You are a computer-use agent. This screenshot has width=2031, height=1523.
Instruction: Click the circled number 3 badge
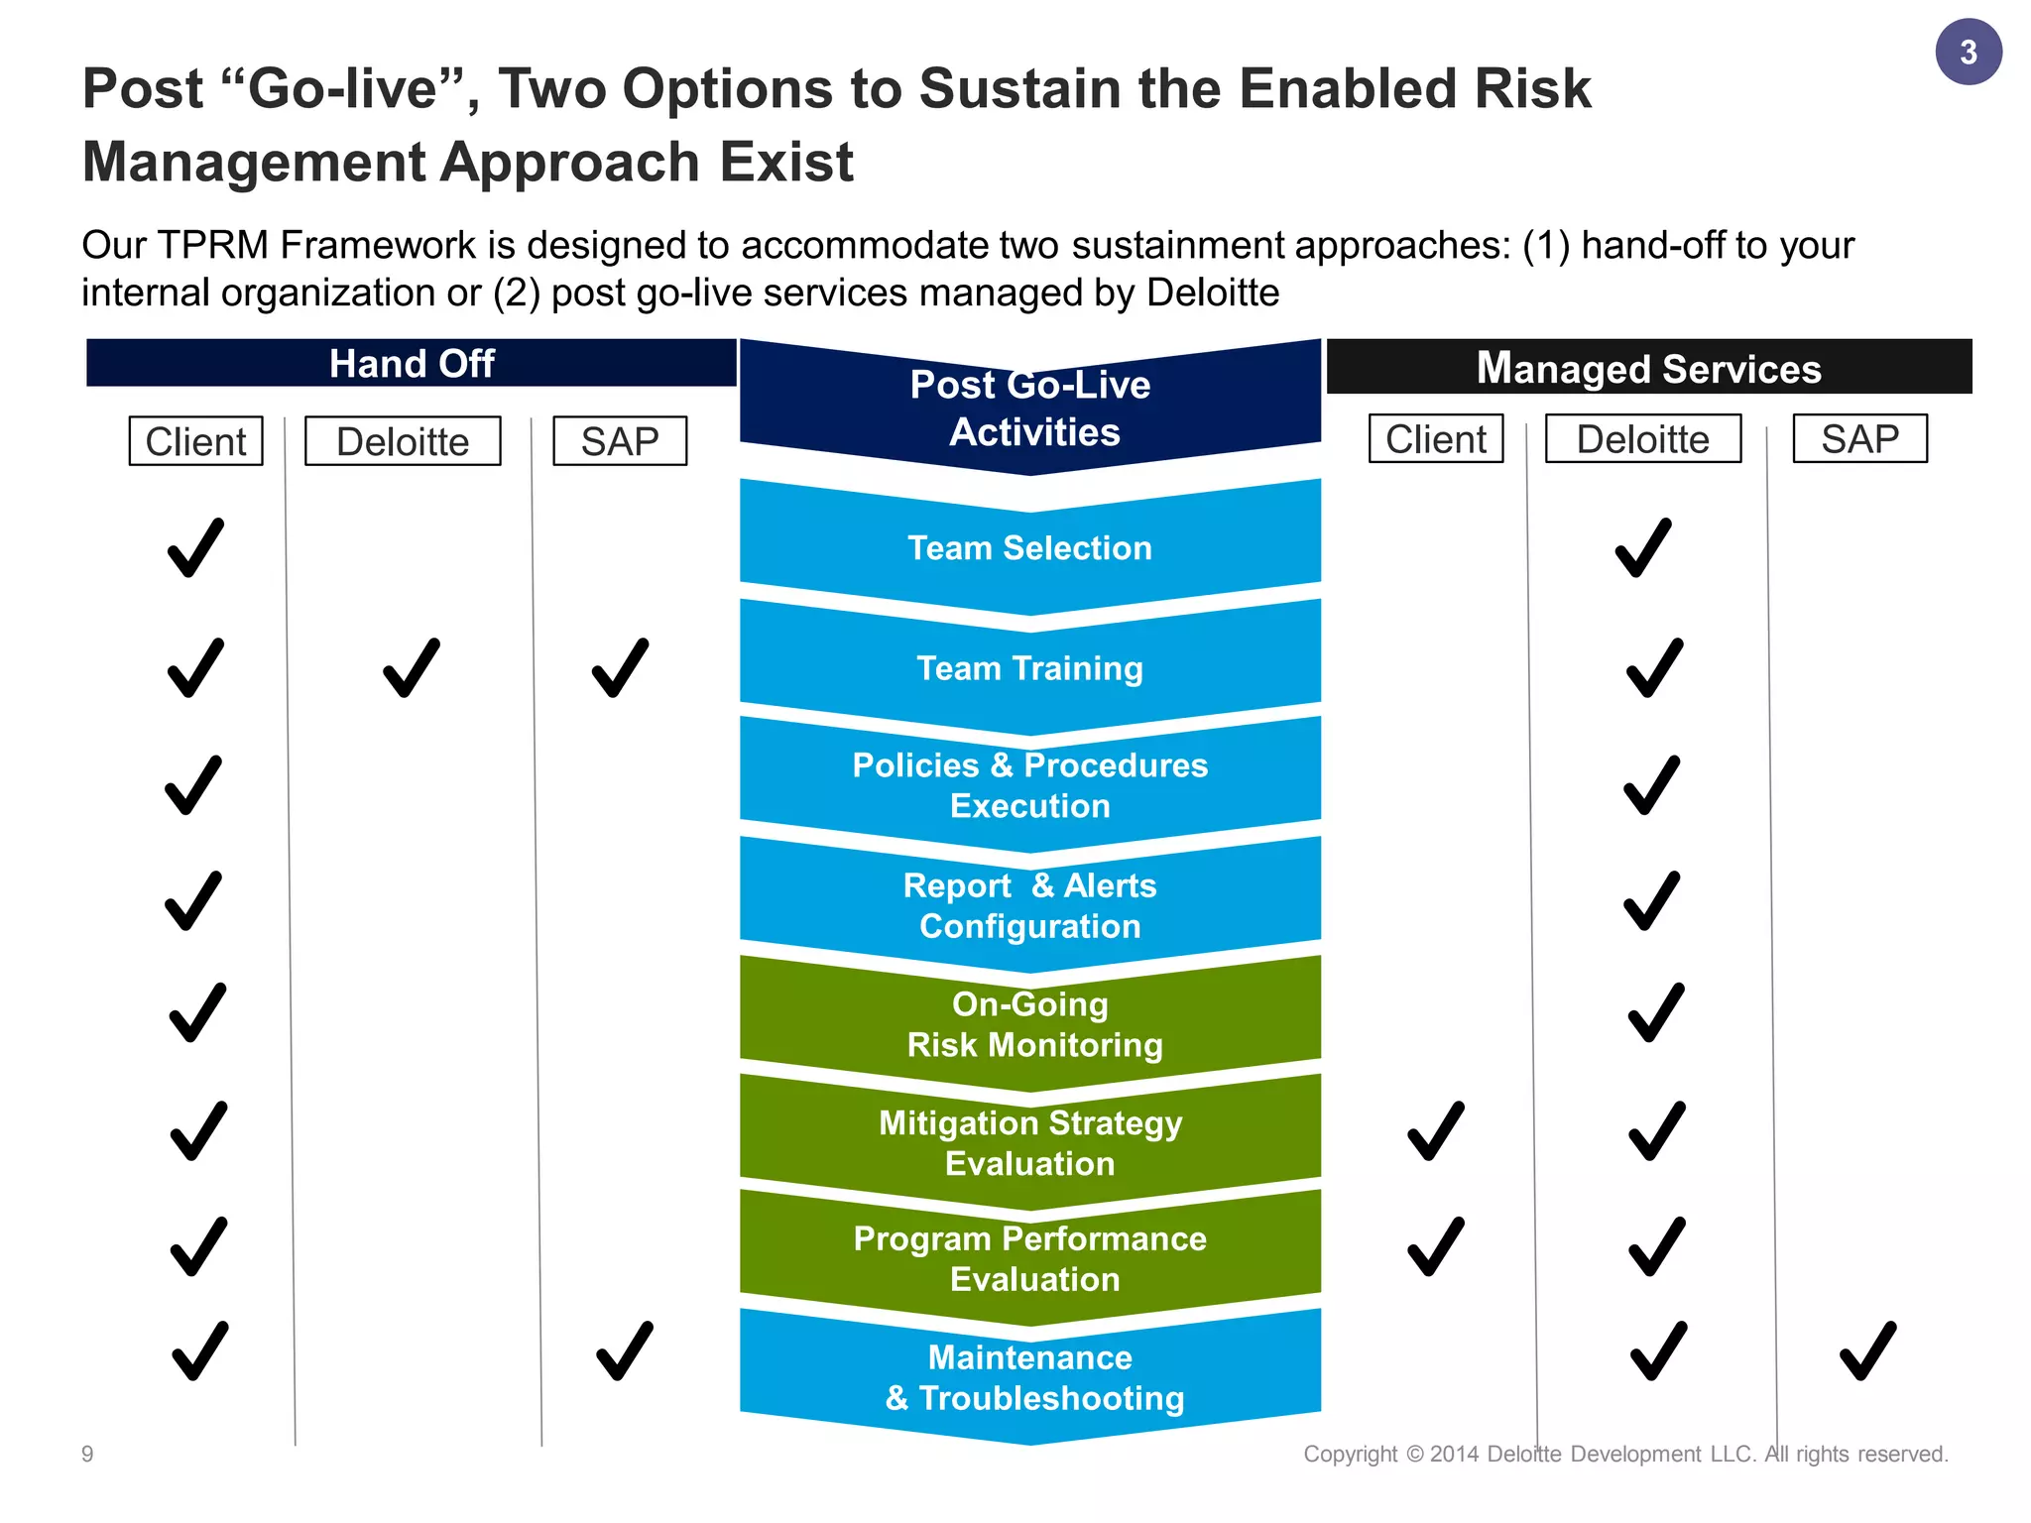[1968, 52]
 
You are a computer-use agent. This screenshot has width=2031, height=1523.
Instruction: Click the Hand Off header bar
[411, 363]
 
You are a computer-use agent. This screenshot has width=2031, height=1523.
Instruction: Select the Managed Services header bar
[1648, 368]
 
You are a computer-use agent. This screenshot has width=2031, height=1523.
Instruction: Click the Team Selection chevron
[1029, 548]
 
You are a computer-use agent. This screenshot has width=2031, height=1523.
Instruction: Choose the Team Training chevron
[1029, 668]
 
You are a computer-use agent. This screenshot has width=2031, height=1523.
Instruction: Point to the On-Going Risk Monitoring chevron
[1029, 1024]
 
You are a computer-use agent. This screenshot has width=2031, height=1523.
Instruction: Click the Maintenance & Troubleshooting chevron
[1029, 1377]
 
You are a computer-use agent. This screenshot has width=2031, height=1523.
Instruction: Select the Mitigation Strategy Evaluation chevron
[1029, 1142]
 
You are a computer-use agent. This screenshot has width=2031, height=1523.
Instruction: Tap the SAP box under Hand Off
[620, 441]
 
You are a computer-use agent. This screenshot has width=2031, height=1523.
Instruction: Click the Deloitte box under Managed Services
[1642, 439]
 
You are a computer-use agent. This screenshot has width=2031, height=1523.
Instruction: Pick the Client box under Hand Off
[195, 441]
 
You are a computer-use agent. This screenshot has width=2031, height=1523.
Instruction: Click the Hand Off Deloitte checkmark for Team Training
[411, 668]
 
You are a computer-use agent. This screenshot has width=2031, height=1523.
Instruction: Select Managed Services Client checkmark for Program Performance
[1435, 1246]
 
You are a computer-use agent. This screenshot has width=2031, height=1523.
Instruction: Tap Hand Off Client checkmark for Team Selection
[195, 547]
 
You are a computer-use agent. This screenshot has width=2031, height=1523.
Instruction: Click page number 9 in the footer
[87, 1454]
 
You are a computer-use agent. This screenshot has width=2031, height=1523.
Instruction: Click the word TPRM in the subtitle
[213, 245]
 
